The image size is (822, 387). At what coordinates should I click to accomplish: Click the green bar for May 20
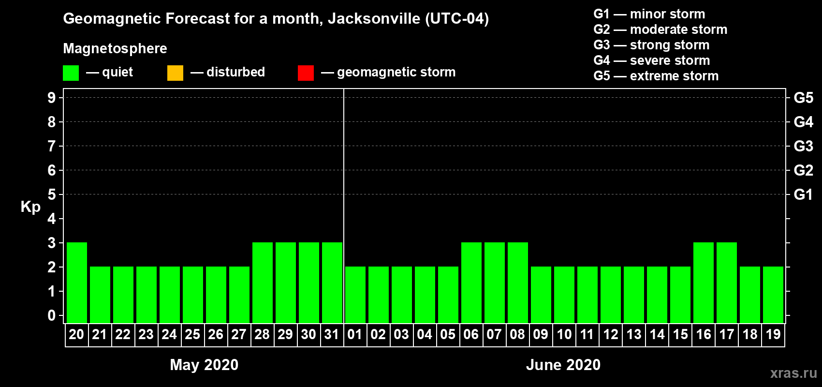pos(77,283)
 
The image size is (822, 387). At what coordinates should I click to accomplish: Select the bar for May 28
pos(263,283)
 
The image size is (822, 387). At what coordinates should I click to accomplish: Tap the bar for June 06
pos(471,283)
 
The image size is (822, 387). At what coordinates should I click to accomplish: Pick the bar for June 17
pos(727,283)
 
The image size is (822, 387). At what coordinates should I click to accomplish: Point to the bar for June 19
pos(773,295)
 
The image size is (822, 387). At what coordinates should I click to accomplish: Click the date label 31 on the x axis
pos(332,334)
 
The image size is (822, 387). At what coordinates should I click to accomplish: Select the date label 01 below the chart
pos(355,334)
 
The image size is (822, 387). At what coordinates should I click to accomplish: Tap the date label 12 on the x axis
pos(610,334)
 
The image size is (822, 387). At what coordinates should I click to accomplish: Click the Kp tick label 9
pos(52,98)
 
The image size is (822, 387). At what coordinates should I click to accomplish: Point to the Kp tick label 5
pos(52,194)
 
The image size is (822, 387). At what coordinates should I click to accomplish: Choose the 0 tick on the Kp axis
pos(52,315)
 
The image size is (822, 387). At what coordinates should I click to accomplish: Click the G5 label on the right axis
pos(803,98)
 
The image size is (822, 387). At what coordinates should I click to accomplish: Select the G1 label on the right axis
pos(803,194)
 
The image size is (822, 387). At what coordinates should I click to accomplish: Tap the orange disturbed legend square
pos(175,73)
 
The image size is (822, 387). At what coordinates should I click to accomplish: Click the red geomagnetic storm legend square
pos(306,73)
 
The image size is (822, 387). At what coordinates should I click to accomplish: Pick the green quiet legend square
pos(71,73)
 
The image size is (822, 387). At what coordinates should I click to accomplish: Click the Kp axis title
pos(30,207)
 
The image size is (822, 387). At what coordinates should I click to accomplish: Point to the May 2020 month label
pos(204,365)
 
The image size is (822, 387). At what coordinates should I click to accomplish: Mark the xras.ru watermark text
pos(793,372)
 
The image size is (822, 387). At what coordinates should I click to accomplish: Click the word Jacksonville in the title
pos(374,19)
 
